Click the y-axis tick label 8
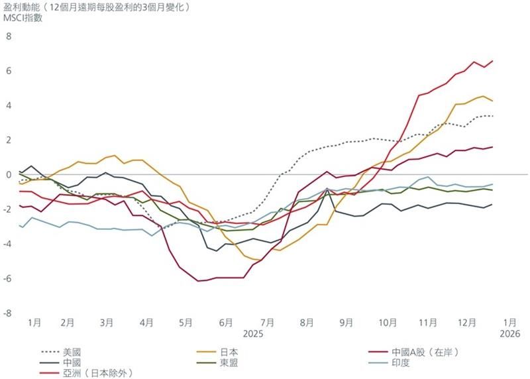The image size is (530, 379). (9, 36)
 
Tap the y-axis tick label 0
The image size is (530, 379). (9, 174)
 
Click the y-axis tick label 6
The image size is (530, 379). (9, 70)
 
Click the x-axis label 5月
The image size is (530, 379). (185, 323)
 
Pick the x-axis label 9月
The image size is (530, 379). (346, 323)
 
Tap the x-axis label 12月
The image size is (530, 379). (466, 323)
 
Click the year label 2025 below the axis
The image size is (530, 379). (253, 334)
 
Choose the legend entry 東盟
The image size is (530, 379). (229, 362)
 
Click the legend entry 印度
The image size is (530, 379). (401, 362)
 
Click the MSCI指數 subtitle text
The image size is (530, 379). (23, 18)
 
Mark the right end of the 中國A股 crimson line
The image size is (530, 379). (492, 61)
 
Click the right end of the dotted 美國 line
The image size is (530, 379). (492, 116)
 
